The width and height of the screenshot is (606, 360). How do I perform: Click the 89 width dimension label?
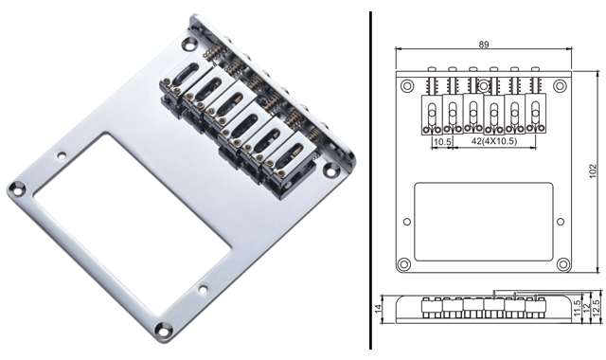tap(484, 45)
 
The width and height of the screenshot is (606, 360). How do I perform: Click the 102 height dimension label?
tap(594, 171)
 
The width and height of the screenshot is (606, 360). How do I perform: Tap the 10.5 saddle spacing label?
tap(442, 142)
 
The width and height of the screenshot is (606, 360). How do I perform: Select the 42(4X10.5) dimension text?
tap(494, 141)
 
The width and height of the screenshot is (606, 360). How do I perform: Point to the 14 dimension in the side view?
tap(379, 307)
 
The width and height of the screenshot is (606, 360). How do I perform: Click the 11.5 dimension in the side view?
tap(578, 308)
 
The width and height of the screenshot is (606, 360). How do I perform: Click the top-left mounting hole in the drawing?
tap(407, 86)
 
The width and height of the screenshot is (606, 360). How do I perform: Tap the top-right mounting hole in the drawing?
tap(560, 86)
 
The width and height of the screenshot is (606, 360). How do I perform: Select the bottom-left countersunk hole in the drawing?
tap(404, 264)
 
